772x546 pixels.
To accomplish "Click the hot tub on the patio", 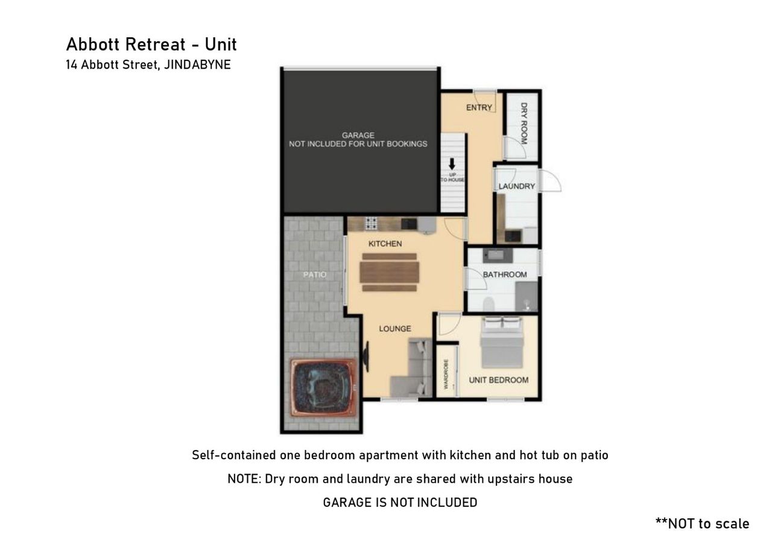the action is pos(322,387).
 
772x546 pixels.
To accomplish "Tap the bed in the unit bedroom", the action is pos(502,343).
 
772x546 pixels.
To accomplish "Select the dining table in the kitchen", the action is pos(390,272).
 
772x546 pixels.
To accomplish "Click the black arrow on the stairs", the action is pos(452,163).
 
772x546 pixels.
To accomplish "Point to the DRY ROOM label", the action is pos(524,123).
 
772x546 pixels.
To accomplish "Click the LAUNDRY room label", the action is pos(517,186).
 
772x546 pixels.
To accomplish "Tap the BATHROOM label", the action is pos(505,275).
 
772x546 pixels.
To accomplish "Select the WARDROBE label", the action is pos(446,374).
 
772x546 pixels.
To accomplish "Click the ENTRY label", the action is pos(479,107).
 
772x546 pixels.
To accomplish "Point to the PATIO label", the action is pos(314,275).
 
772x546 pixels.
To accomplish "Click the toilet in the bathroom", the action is pos(489,304).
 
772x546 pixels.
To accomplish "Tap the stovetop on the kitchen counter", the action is pos(371,223).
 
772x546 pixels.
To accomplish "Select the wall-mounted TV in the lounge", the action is pos(365,357).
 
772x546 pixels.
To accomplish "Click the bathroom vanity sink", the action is pos(498,255).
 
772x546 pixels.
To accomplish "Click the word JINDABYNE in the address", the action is pos(197,65).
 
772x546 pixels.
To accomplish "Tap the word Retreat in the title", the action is pos(155,45).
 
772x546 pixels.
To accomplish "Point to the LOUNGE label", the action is pos(395,328).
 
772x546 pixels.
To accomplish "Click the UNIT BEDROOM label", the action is pos(499,380).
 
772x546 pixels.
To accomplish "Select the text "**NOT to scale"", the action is pos(702,524).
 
